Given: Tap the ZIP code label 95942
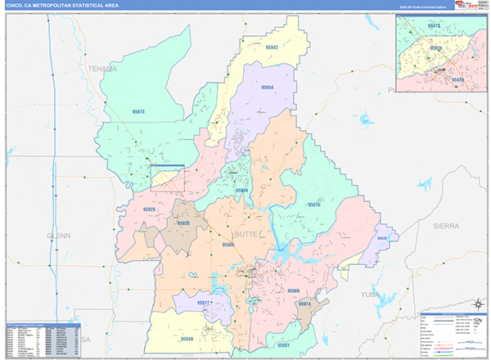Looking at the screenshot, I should click(272, 48).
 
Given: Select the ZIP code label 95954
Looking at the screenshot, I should click(268, 87).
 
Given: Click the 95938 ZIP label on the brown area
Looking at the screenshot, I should click(184, 223).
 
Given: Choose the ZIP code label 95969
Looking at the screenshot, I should click(242, 191).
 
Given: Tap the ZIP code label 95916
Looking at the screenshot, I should click(314, 205).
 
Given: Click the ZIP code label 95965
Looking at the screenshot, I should click(228, 244).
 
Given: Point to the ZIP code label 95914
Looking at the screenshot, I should click(304, 304).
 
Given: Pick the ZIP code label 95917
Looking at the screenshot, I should click(204, 303).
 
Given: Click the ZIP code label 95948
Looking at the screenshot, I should click(187, 338).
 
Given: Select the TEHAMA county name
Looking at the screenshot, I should click(103, 69).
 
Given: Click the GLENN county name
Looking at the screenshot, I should click(59, 235).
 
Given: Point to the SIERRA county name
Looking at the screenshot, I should click(447, 224).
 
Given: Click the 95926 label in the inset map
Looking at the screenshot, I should click(436, 48).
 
